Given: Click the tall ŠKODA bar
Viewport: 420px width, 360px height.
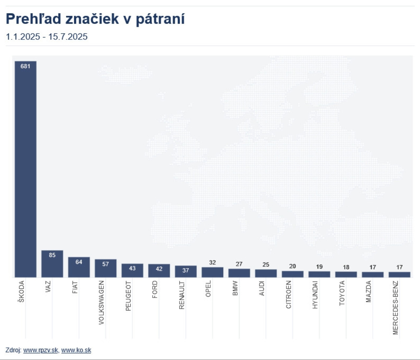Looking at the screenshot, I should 26,169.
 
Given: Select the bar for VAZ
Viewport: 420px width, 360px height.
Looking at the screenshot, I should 52,264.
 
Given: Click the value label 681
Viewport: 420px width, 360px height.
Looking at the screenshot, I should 25,66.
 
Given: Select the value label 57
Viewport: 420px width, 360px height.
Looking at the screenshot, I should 105,264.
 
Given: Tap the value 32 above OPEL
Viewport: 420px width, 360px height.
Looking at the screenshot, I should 212,263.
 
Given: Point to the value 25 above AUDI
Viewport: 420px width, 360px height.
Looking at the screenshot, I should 266,265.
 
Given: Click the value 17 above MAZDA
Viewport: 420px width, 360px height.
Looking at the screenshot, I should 373,267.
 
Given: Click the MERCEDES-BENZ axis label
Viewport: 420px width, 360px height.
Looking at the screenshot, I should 395,307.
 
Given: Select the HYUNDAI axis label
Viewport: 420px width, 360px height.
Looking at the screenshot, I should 315,295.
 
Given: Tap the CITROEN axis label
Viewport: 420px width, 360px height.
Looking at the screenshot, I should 288,294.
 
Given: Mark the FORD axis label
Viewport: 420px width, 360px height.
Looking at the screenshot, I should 155,289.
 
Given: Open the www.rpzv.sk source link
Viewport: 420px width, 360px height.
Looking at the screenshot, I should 40,350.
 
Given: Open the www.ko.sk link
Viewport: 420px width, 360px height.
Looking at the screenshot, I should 76,350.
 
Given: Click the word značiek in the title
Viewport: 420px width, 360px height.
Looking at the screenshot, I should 92,19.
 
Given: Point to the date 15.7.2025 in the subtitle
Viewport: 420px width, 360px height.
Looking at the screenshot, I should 68,36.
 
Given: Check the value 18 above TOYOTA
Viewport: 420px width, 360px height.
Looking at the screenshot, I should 346,267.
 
